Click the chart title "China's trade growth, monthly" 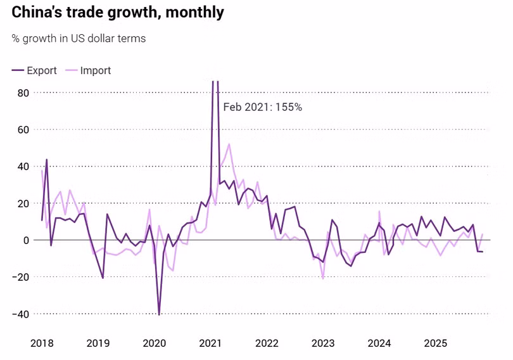point(118,12)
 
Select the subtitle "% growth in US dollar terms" point(79,39)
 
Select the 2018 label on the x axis point(42,343)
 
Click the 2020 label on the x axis point(155,343)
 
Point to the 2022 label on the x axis point(267,343)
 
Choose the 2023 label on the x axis point(323,343)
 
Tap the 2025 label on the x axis point(436,343)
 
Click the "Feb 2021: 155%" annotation point(263,107)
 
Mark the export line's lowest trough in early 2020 point(159,314)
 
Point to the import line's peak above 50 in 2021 point(229,144)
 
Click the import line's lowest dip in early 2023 point(323,278)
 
